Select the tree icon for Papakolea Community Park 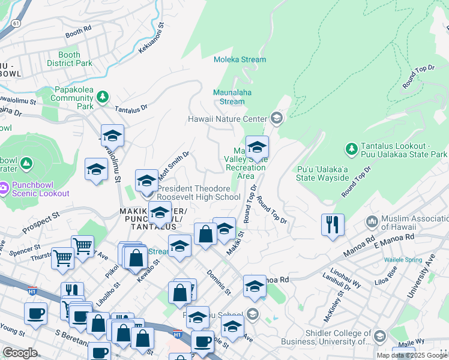click(103, 97)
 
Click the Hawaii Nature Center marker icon click(276, 118)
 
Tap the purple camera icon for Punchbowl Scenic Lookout click(3, 188)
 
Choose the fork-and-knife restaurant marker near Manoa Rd click(333, 225)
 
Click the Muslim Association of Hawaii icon click(372, 222)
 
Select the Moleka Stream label click(240, 59)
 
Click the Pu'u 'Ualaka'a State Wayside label click(323, 173)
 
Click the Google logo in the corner click(20, 353)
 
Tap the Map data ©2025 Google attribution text click(412, 355)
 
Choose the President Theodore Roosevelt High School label click(198, 193)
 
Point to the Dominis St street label click(219, 282)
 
